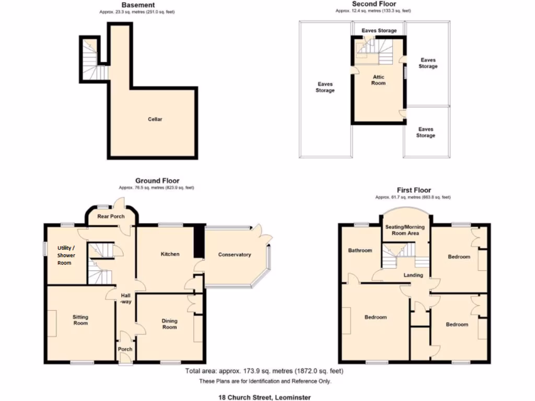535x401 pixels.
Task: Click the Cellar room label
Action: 155,119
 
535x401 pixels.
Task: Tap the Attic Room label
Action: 378,80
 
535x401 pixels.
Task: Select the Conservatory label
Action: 235,255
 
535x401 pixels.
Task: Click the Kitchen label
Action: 170,254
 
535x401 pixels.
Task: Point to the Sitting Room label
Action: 80,320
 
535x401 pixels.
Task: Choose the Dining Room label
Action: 169,324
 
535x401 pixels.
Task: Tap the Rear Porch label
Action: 111,216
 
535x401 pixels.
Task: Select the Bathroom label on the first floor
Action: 360,251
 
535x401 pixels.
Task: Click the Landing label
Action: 413,275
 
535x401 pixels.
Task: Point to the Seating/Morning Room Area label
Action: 405,230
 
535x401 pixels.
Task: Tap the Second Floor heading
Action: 374,4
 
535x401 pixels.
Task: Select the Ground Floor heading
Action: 157,181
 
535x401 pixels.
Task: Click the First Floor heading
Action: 413,190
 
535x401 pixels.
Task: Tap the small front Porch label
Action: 125,349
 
